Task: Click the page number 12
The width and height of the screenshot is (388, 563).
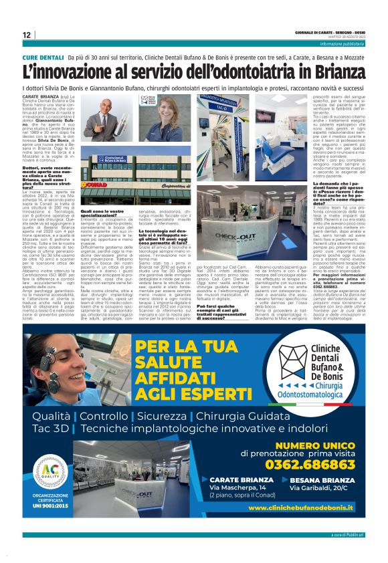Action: [26, 35]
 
